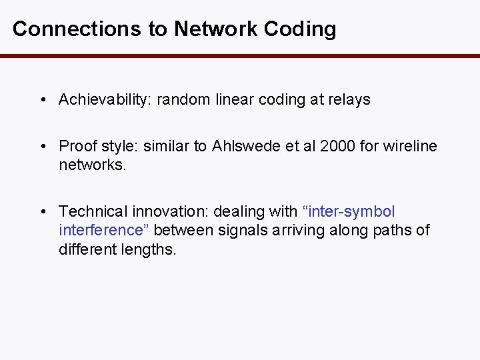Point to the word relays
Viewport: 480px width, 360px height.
pyautogui.click(x=349, y=100)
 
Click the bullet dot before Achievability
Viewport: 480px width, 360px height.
pyautogui.click(x=43, y=100)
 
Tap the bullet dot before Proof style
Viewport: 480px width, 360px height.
pyautogui.click(x=43, y=146)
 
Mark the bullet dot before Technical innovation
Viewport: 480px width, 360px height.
pyautogui.click(x=43, y=212)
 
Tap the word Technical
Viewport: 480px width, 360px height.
pyautogui.click(x=93, y=212)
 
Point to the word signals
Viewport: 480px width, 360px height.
pyautogui.click(x=247, y=231)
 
